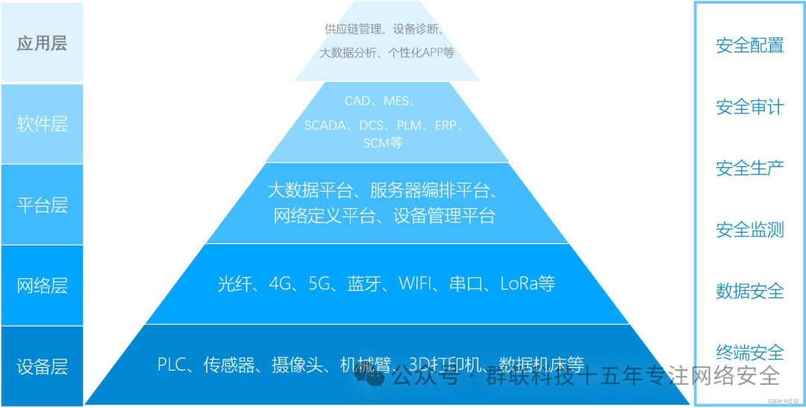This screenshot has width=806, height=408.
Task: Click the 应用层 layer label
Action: tap(42, 43)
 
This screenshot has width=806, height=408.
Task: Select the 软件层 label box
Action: tap(42, 124)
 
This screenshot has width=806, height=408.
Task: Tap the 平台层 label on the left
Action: tap(42, 204)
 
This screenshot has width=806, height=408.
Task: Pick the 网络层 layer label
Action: tap(42, 285)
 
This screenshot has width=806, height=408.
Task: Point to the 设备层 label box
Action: tap(42, 366)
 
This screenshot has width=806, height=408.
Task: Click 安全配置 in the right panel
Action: tap(749, 45)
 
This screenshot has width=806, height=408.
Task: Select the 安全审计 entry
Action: tap(749, 107)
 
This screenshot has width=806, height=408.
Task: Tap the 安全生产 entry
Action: tap(749, 169)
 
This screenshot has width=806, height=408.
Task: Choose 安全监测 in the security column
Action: tap(749, 230)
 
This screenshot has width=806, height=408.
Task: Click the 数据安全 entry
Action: tap(749, 291)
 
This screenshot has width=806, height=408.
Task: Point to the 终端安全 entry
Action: tap(749, 352)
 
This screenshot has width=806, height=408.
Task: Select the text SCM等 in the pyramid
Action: tap(382, 142)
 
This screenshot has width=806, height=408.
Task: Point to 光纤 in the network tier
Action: tap(233, 284)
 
